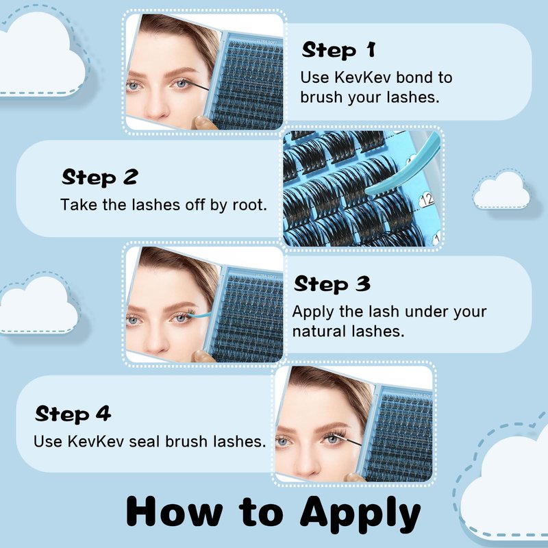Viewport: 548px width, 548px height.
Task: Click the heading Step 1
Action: (x=338, y=49)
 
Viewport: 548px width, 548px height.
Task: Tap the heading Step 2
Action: (x=100, y=177)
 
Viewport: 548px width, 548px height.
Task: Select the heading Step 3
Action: (x=332, y=284)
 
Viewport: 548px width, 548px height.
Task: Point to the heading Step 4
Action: (x=73, y=414)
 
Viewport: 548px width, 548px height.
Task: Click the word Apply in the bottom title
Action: (x=360, y=515)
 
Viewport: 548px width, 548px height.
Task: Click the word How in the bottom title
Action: (x=175, y=512)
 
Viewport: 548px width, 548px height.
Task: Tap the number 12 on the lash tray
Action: (x=426, y=200)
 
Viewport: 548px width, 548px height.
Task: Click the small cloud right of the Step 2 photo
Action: (x=501, y=190)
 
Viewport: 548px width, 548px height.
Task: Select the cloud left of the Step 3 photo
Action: (x=38, y=306)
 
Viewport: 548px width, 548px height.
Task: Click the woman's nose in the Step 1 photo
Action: (x=156, y=105)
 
